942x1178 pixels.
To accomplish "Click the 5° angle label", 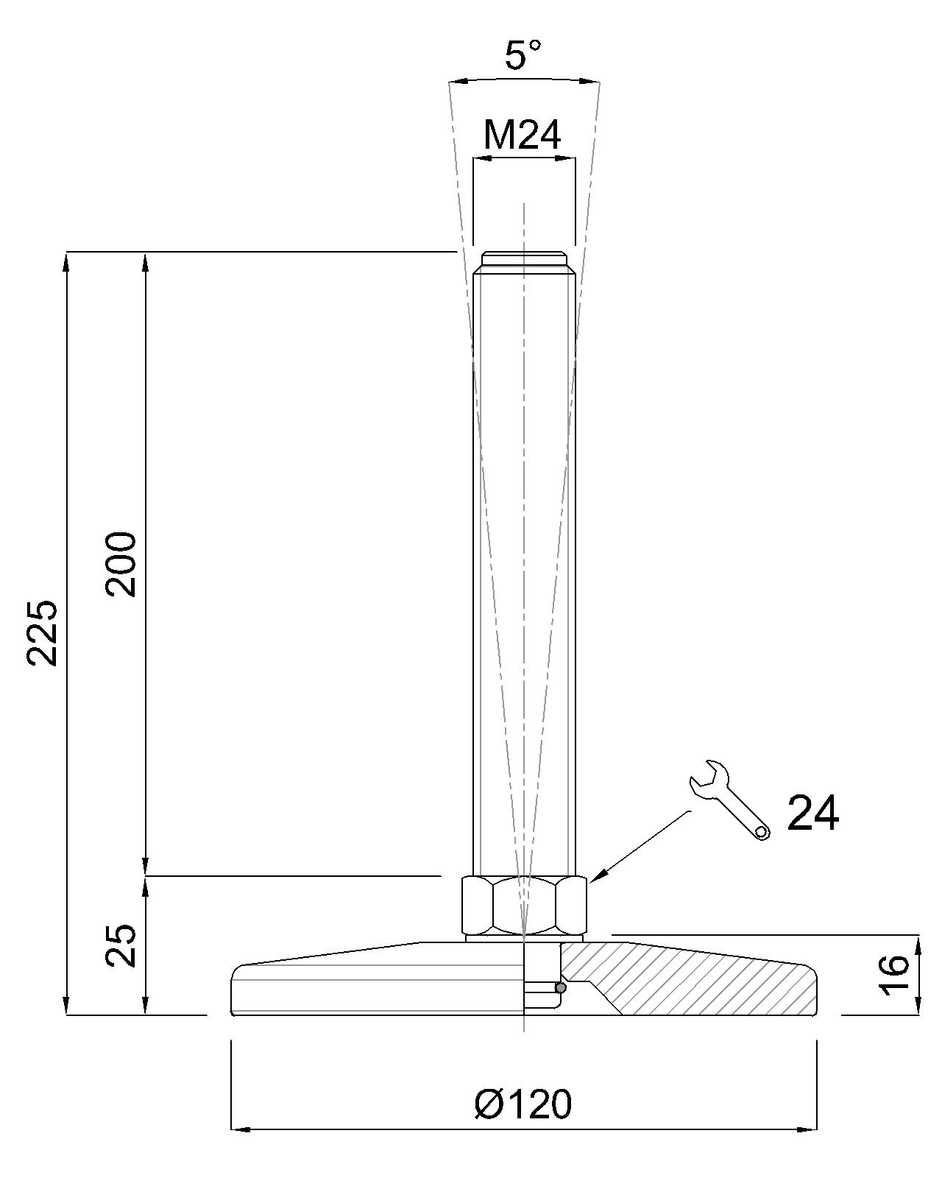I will coord(523,55).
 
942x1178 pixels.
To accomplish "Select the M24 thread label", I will coord(523,135).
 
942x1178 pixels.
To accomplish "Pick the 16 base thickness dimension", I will coord(895,976).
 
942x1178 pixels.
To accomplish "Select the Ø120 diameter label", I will coord(523,1104).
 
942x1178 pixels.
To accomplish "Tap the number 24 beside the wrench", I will coord(812,814).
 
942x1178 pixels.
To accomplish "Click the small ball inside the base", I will coord(561,988).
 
